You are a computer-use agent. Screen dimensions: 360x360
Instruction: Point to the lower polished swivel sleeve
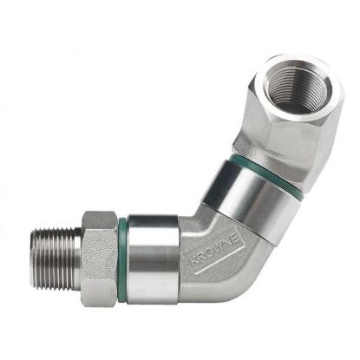click(x=152, y=247)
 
